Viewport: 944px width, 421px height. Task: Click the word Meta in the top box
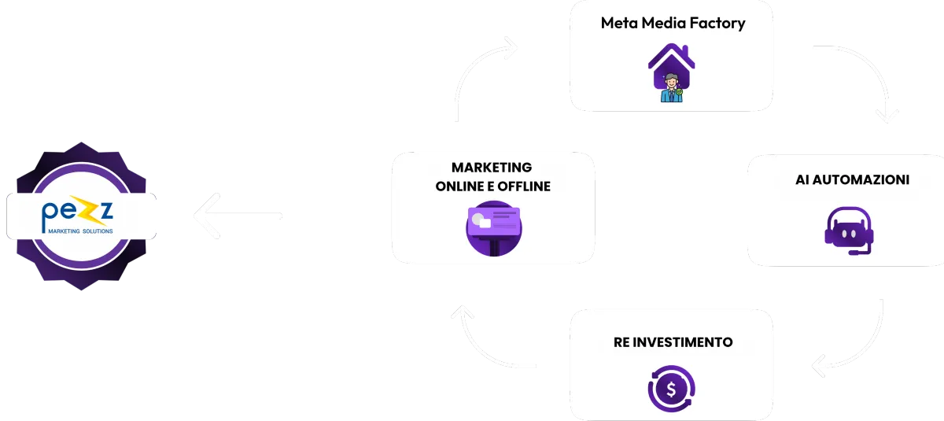[618, 23]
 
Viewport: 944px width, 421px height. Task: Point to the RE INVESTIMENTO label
[673, 342]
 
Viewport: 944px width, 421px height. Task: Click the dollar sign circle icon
[671, 388]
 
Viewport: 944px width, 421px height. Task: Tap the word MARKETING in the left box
[491, 168]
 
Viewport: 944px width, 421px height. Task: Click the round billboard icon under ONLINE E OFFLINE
[492, 228]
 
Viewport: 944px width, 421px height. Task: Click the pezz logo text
[76, 213]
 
